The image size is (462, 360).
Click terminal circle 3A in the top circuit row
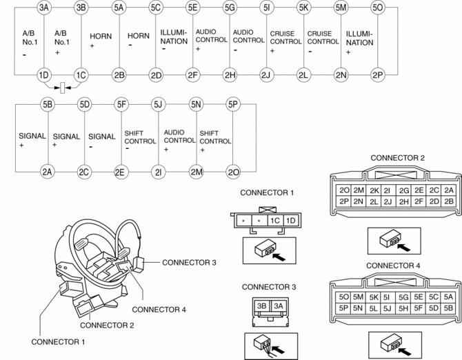pos(44,8)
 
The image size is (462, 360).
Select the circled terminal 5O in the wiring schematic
pos(377,8)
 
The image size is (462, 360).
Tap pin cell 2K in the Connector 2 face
pos(374,190)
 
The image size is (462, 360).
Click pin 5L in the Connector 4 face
pos(374,308)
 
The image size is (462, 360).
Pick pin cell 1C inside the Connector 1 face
pos(275,221)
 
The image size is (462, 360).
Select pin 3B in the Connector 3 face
pos(261,306)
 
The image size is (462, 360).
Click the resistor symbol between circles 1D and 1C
pos(63,88)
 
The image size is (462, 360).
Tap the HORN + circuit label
pos(101,40)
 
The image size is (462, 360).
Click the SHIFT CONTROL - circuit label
pos(140,141)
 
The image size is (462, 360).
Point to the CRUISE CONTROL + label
pos(285,41)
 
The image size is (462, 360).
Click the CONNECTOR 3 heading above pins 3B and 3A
pos(269,287)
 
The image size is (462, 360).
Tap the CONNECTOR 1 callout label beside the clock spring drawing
pos(58,342)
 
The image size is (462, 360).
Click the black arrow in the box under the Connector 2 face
pos(403,247)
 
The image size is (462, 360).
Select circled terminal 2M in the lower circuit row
pos(196,172)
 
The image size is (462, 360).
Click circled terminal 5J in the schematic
pos(158,104)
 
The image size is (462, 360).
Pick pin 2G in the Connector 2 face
pos(404,190)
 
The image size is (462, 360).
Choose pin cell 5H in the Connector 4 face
pos(403,308)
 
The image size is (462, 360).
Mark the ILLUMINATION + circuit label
pos(359,43)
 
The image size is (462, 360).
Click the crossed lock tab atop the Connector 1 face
pos(268,210)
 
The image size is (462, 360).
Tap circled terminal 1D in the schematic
pos(44,75)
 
